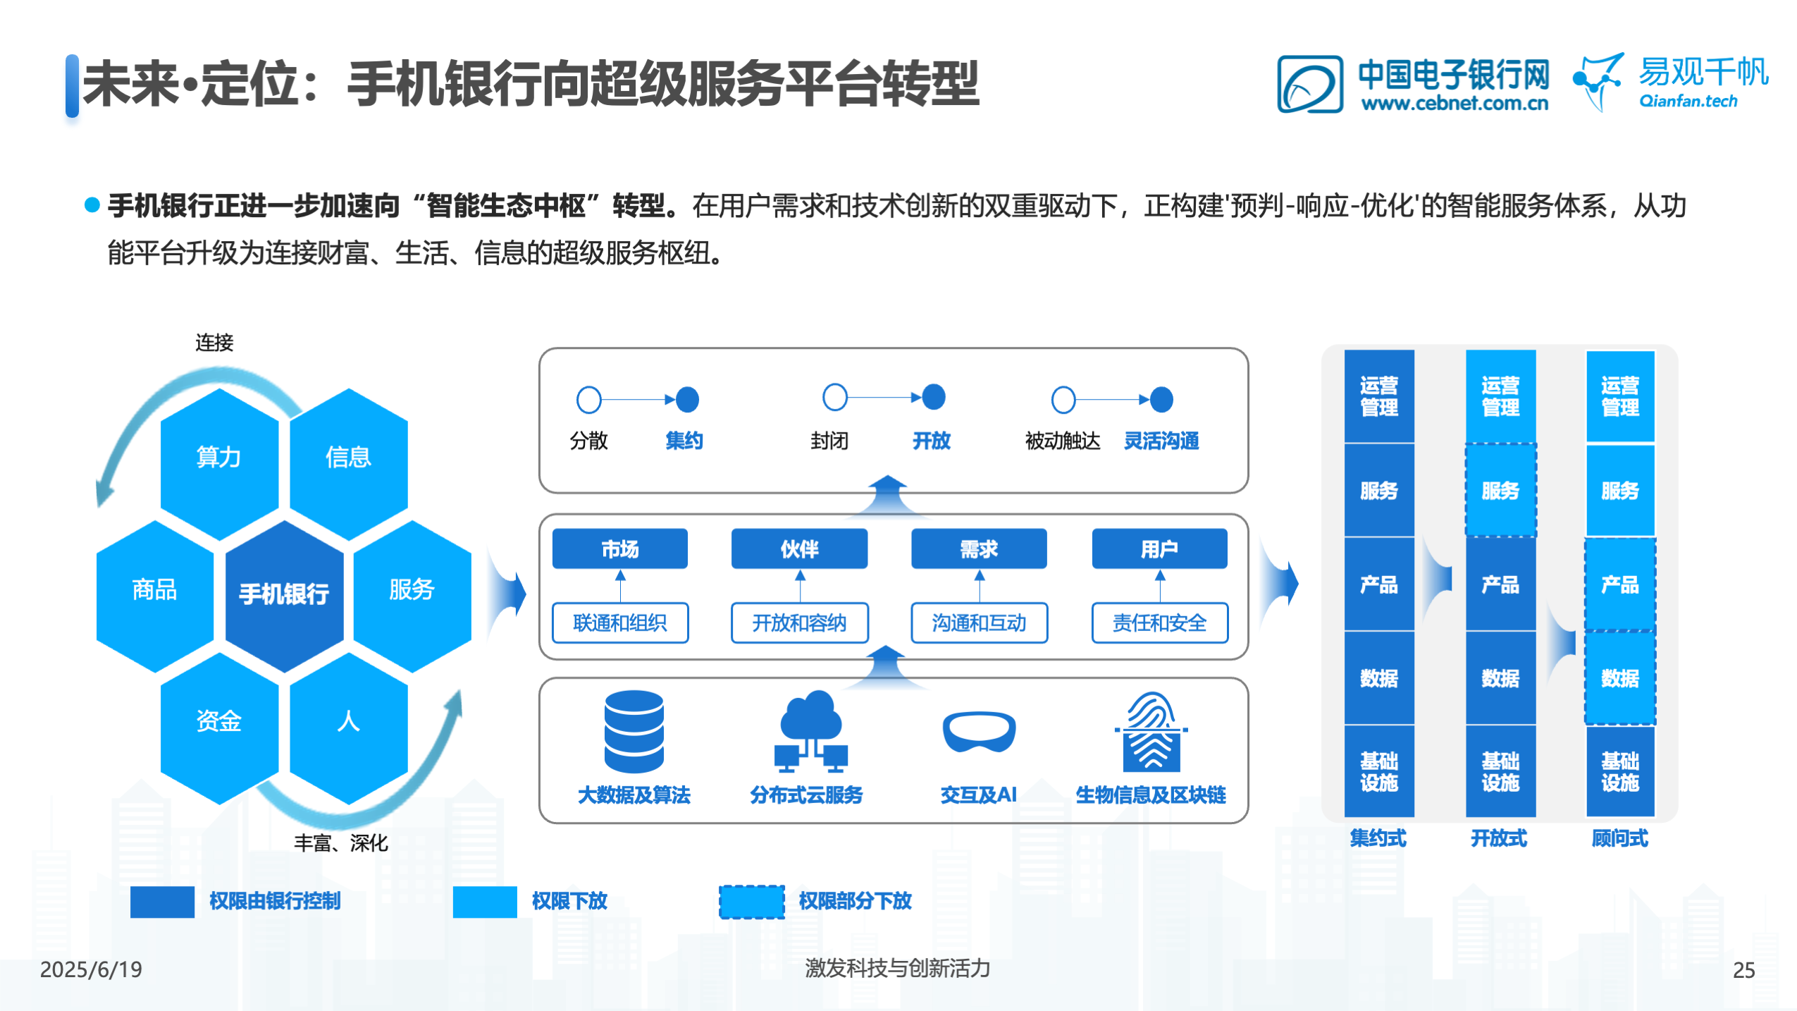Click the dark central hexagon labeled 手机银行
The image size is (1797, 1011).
(284, 594)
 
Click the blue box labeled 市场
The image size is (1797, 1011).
(619, 548)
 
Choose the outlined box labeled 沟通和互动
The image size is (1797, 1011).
(979, 622)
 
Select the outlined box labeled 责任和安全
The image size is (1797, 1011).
(1159, 622)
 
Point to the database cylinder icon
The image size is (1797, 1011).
(634, 731)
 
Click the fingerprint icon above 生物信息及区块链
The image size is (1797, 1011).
(1151, 731)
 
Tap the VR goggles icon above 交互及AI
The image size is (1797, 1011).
(979, 733)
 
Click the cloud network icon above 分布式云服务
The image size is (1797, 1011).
(811, 731)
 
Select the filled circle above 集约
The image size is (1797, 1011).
(687, 399)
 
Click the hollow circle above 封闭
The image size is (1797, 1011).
(834, 397)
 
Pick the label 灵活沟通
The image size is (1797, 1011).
(1161, 441)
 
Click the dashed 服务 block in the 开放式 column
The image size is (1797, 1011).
(1500, 490)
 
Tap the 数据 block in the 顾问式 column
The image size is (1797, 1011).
(1619, 678)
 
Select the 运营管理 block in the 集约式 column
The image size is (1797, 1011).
(1378, 396)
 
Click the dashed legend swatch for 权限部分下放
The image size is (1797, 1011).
(751, 901)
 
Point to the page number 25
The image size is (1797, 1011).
(1743, 970)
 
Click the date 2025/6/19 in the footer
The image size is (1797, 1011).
(91, 969)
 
